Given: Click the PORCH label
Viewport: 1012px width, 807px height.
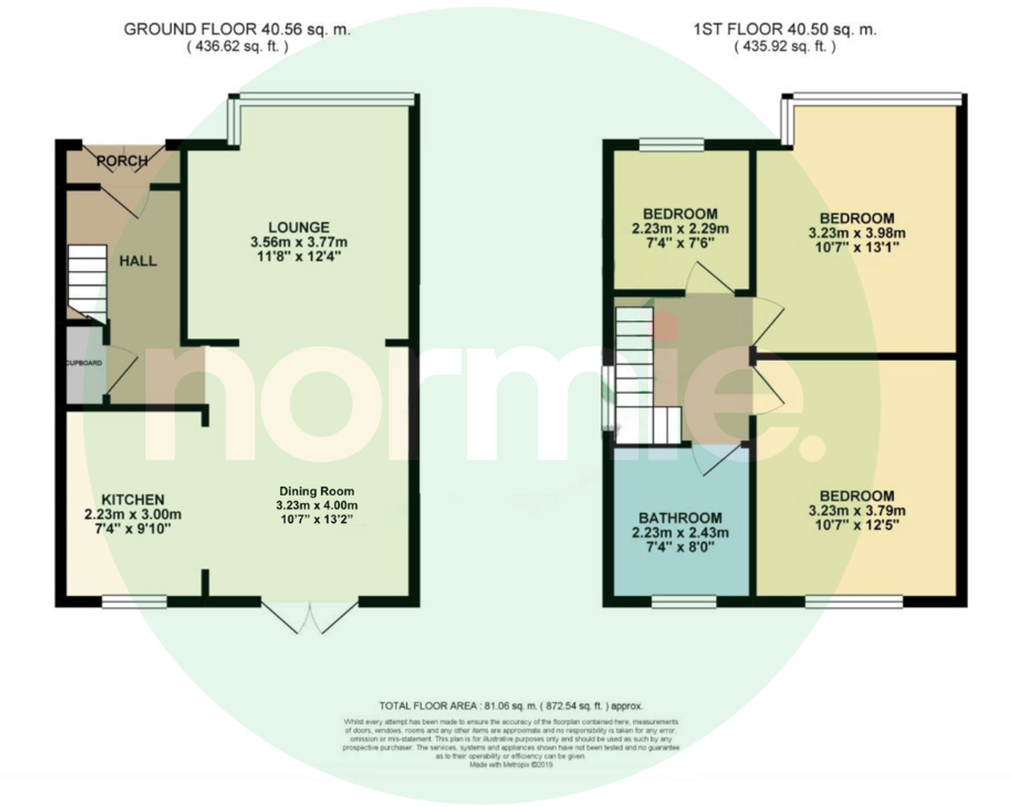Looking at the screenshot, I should [x=122, y=161].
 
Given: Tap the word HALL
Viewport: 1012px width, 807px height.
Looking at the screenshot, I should [x=138, y=261].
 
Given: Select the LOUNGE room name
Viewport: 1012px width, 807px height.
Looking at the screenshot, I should [x=298, y=227].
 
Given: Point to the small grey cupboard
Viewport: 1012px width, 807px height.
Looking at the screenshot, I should [x=84, y=364].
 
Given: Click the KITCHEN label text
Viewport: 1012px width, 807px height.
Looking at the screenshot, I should [x=133, y=500].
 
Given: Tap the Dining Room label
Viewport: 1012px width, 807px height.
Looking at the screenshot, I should [x=317, y=491].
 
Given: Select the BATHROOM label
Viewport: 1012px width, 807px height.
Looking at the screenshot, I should [x=680, y=518].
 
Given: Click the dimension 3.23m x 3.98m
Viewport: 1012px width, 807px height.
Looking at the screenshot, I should [x=857, y=233].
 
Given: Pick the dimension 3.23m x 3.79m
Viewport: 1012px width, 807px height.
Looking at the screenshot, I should [x=857, y=510].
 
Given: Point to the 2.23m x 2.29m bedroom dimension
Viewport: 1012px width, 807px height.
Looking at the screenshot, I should [x=680, y=229].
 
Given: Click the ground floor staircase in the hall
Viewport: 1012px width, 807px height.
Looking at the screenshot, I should [x=87, y=283].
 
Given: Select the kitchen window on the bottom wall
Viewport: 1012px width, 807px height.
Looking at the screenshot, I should [x=134, y=601].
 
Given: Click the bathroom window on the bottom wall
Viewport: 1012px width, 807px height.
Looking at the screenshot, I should [x=684, y=601].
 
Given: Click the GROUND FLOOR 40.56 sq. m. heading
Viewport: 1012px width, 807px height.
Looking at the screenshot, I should [x=237, y=30].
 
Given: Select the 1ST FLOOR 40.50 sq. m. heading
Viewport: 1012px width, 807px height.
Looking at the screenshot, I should [x=785, y=30].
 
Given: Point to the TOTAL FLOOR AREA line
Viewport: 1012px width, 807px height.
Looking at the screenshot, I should [x=510, y=706].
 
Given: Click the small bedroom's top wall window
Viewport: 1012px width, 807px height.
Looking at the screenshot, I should [x=671, y=144].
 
